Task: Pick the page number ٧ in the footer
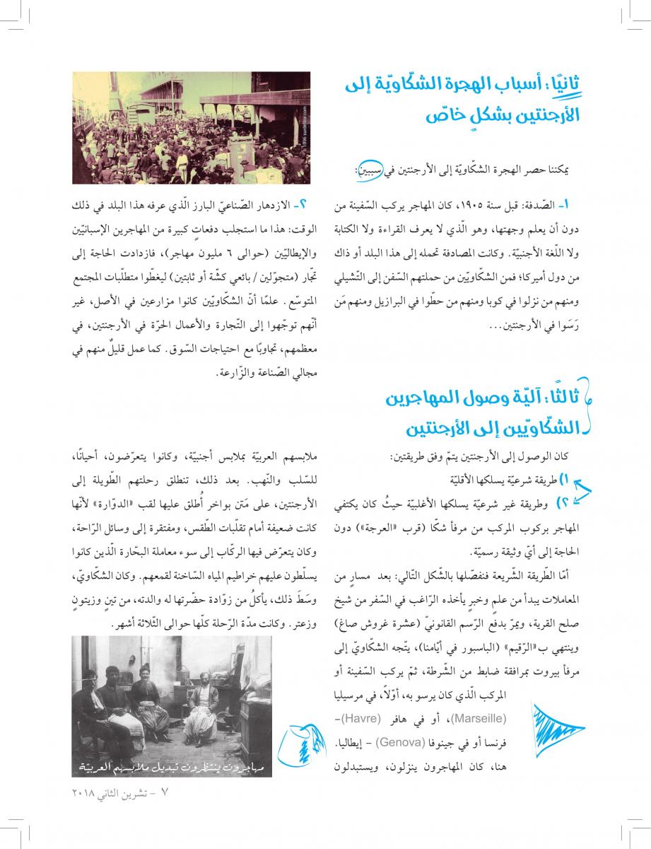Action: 165,792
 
